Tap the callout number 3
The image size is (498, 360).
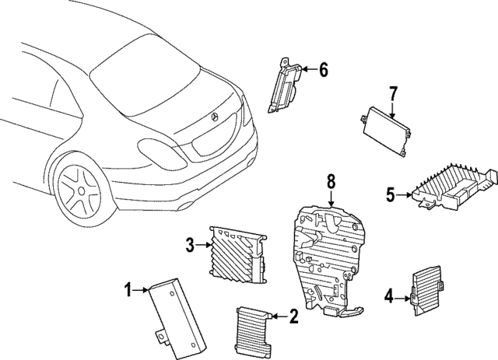click(189, 246)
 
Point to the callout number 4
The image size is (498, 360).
click(388, 295)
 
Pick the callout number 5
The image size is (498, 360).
click(391, 194)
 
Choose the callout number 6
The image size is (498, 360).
click(323, 70)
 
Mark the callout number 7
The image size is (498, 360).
click(392, 94)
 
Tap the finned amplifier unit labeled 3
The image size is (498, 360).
click(235, 252)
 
